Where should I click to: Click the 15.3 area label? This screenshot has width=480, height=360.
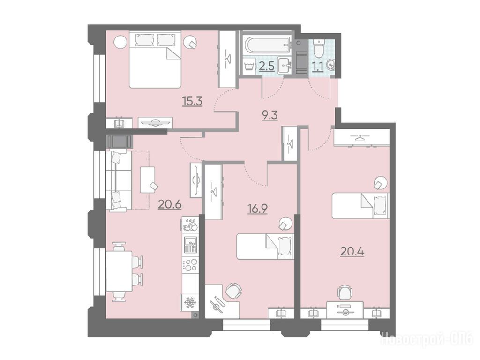pos(192,101)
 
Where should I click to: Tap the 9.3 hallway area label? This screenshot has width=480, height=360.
pos(270,115)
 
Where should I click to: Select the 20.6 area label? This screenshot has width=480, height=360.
pos(170,204)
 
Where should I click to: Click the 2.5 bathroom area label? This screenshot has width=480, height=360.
pos(266,67)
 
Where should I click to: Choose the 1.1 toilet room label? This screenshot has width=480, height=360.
pos(318,67)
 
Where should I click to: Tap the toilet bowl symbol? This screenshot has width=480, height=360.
pos(319,48)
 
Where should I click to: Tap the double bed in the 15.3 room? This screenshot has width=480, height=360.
pos(155,59)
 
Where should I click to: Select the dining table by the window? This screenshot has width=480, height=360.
pos(119,271)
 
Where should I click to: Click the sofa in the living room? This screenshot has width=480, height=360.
pos(116,180)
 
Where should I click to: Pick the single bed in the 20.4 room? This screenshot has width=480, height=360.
pos(360,205)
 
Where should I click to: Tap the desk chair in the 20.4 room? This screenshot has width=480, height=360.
pos(345,292)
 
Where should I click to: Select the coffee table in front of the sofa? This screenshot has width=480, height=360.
pos(148,180)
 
